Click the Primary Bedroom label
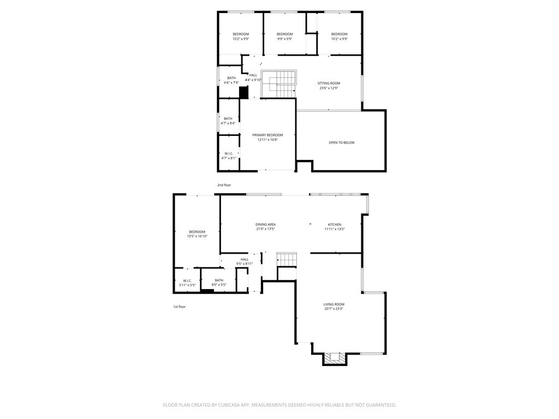coord(267,135)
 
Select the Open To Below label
coord(341,143)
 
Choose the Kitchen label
coord(334,225)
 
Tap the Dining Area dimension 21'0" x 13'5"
coord(265,229)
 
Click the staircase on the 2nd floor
coord(279,85)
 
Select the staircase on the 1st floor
coord(287,259)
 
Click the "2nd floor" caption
coord(224,185)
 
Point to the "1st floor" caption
coord(179,307)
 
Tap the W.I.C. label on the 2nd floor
coord(229,153)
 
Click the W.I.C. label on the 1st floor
coord(187,281)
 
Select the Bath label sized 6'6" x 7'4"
coord(231,78)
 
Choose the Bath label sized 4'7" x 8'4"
coord(228,118)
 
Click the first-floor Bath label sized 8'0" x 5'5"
coord(219,280)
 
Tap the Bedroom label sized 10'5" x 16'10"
coord(197,232)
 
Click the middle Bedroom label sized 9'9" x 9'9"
coord(284,34)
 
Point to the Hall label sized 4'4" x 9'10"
coord(253,75)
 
